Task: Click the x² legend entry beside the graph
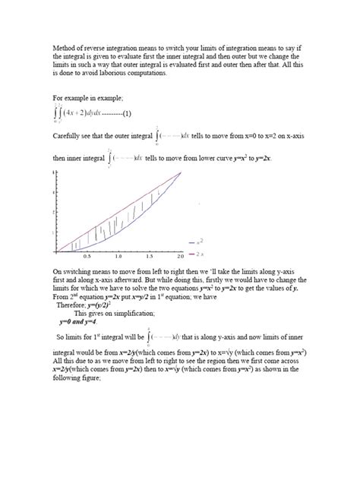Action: click(x=200, y=242)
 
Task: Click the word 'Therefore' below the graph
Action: click(x=72, y=305)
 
